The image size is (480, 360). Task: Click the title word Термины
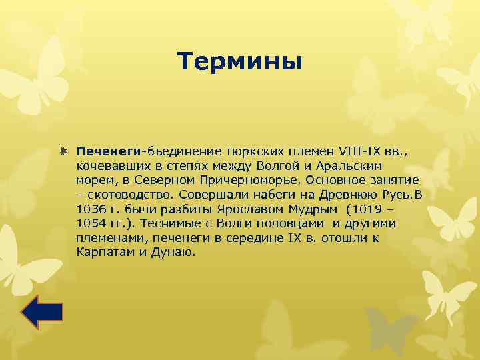240,61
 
